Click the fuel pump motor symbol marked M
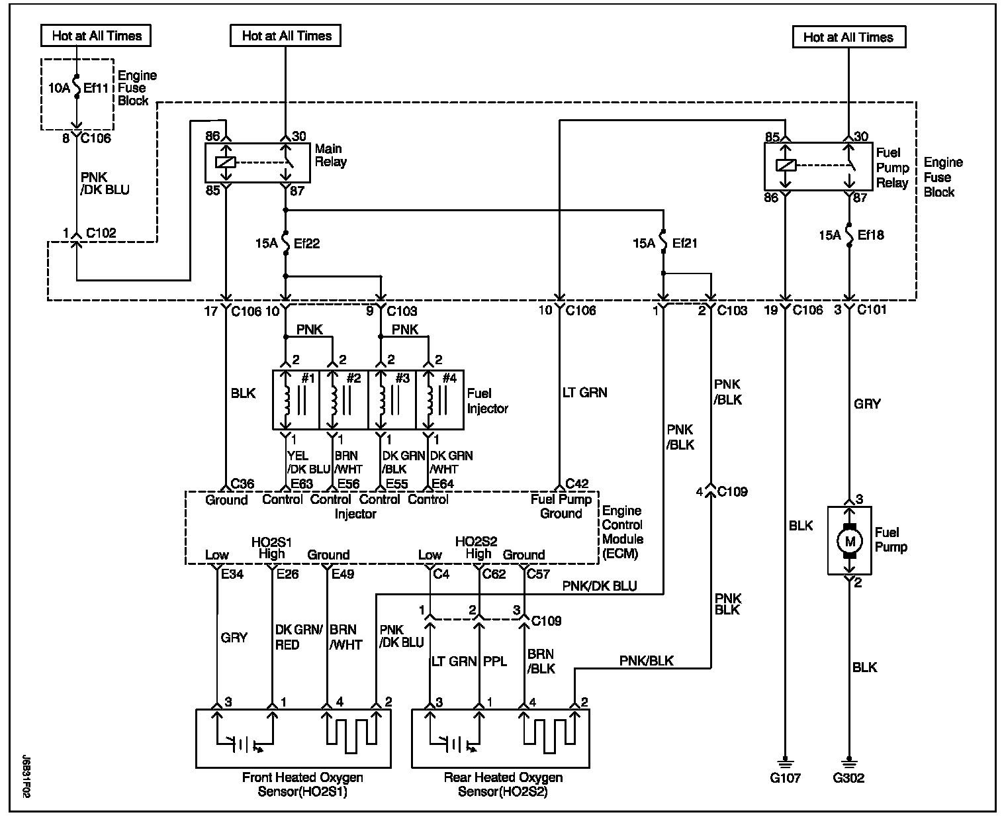click(849, 541)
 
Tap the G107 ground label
click(785, 777)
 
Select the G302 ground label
click(848, 777)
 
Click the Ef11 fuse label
click(96, 88)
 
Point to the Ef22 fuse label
click(306, 244)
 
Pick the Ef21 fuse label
click(684, 243)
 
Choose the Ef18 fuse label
click(870, 235)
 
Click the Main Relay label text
click(331, 155)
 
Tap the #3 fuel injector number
click(402, 378)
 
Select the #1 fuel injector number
click(308, 378)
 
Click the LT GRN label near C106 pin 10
click(584, 393)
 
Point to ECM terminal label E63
click(302, 483)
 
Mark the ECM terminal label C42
click(577, 483)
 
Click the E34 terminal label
click(232, 574)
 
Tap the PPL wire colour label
click(495, 662)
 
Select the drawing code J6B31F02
click(26, 777)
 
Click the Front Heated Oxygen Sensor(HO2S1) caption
click(302, 784)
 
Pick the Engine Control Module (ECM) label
click(623, 532)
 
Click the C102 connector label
click(101, 233)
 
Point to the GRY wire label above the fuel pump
click(867, 404)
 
